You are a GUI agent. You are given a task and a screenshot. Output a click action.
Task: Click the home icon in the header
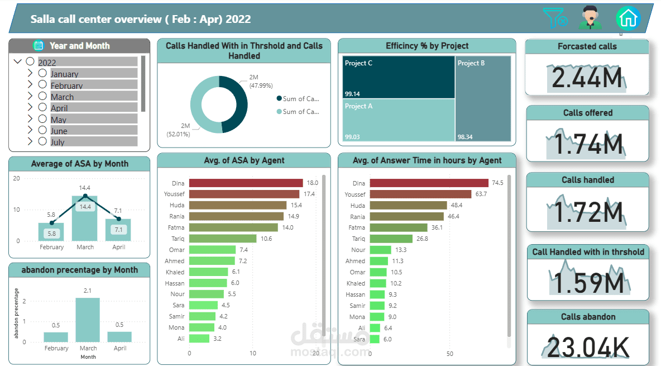click(628, 18)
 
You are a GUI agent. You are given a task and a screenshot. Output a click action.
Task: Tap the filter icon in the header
click(555, 18)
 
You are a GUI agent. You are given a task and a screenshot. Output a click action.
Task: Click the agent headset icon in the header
click(590, 17)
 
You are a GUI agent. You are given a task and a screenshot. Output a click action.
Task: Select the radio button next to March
click(42, 96)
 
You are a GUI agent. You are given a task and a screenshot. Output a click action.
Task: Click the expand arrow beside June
click(30, 130)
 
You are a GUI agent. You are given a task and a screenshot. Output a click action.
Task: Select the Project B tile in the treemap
click(483, 98)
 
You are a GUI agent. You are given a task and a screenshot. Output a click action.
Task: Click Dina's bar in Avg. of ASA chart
click(246, 183)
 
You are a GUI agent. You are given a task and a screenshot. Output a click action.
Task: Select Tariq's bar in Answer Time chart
click(391, 239)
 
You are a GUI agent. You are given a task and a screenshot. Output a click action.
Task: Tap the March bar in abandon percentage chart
click(88, 320)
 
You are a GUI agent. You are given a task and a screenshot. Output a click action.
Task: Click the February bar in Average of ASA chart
click(51, 232)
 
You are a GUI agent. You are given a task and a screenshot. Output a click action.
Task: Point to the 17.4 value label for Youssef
click(309, 194)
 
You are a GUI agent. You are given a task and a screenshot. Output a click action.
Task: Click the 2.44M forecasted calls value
click(587, 78)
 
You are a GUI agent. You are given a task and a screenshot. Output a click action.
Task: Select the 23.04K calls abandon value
click(587, 347)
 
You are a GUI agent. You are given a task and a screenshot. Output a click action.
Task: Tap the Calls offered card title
click(587, 113)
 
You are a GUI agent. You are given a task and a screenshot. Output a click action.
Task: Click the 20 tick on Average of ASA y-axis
click(17, 179)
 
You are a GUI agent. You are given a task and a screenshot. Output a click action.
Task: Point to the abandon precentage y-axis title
click(16, 313)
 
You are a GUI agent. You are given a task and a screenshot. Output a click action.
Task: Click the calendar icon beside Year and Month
click(39, 46)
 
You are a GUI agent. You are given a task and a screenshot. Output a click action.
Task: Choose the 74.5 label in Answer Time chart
click(497, 183)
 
